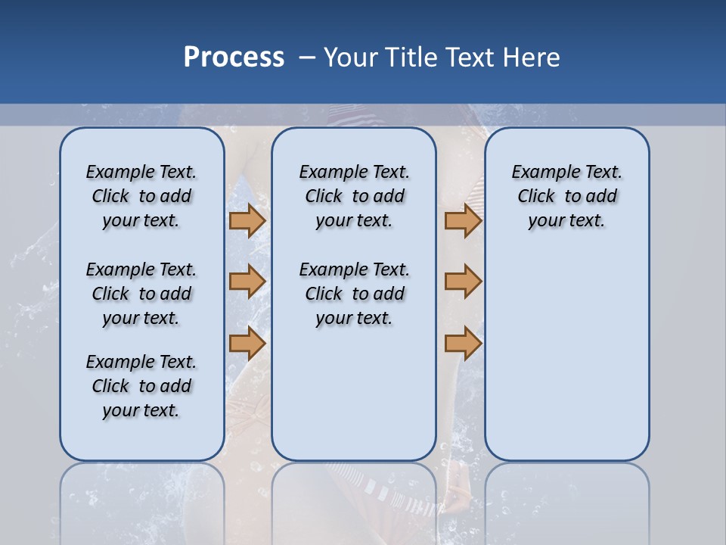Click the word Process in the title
234,58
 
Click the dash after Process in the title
307,58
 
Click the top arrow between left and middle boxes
247,221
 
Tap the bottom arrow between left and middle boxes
247,344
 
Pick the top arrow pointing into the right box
463,221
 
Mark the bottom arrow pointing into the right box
463,344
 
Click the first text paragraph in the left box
141,196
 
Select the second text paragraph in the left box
141,294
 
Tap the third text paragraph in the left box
141,386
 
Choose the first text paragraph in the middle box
354,196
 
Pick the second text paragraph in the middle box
354,294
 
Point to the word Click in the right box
536,197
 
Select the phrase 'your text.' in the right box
566,221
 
